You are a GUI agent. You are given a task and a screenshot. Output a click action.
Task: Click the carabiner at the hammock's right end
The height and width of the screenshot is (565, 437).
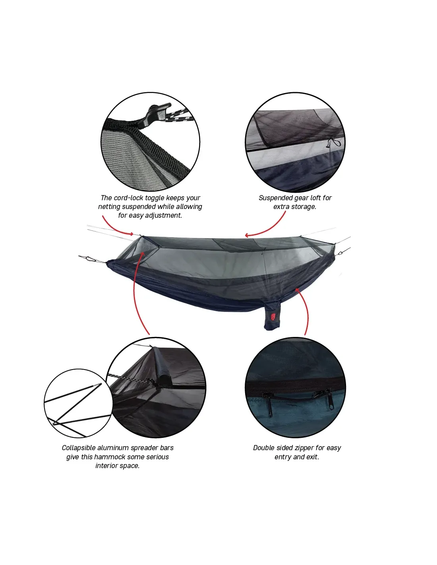tap(342, 251)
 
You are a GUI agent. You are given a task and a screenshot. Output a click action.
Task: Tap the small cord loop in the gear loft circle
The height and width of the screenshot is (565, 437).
tap(333, 143)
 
